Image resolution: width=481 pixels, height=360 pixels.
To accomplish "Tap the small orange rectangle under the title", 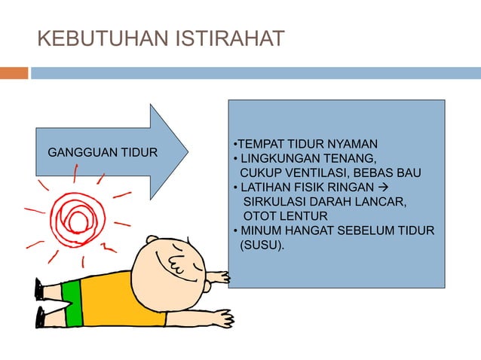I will click(x=14, y=73).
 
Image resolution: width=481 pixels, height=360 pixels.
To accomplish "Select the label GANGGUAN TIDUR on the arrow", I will click(x=103, y=153).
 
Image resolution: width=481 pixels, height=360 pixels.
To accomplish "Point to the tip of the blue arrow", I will click(x=186, y=151).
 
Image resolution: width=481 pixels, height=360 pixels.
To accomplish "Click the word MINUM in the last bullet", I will click(x=259, y=230).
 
